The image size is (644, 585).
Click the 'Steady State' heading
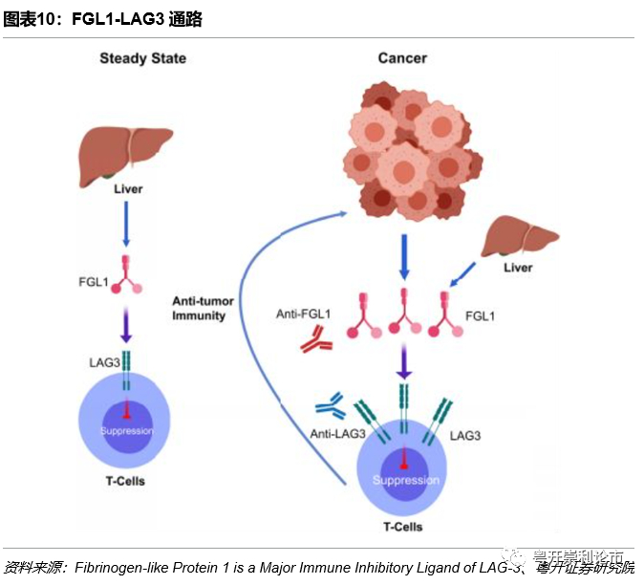click(142, 59)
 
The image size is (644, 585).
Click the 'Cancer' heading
click(402, 59)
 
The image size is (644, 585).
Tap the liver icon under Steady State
click(124, 153)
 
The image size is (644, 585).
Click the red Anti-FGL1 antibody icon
click(314, 340)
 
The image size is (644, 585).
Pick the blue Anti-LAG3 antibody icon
click(330, 410)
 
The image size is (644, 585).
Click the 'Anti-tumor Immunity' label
click(198, 308)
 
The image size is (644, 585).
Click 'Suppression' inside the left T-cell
click(126, 431)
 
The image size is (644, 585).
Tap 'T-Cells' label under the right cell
click(401, 527)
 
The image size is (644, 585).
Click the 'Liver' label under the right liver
click(518, 268)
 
